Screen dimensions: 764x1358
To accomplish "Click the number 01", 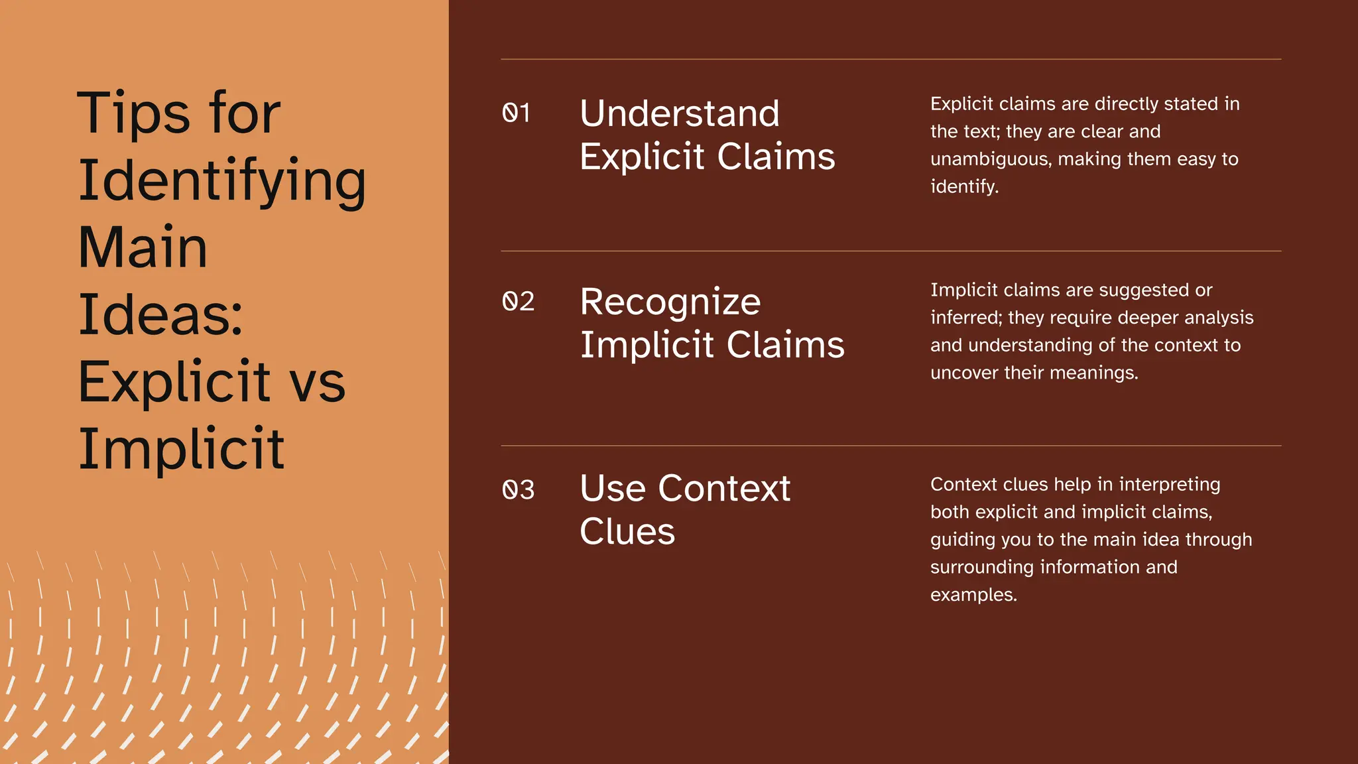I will [516, 113].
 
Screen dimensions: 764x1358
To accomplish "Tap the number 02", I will [518, 301].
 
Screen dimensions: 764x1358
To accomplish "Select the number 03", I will [518, 489].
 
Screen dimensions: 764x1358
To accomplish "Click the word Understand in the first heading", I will [680, 113].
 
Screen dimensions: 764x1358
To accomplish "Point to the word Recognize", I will [670, 302].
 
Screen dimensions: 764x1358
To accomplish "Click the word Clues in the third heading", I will [627, 531].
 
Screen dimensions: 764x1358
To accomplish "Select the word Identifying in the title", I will [222, 182].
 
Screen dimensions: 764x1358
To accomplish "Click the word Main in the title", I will [143, 247].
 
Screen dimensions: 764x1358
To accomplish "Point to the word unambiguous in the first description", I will [991, 159].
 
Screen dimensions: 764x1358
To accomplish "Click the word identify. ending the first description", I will [964, 186].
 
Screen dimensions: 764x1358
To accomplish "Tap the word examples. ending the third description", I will [973, 595].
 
